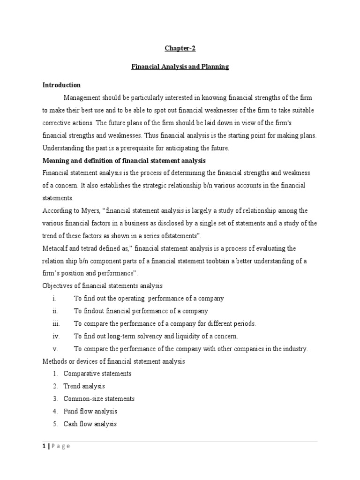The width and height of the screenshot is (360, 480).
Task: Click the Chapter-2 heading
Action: (180, 48)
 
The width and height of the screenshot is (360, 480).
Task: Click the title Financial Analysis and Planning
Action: (180, 67)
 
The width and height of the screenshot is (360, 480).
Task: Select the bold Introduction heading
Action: (61, 85)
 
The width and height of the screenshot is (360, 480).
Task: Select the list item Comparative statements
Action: (97, 374)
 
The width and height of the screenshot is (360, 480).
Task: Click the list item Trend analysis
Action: (84, 386)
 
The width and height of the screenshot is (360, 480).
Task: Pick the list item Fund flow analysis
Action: (90, 412)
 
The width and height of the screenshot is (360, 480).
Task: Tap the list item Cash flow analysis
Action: (90, 424)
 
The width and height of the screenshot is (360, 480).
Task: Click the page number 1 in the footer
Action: (44, 446)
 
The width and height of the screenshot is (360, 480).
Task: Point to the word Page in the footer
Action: (61, 446)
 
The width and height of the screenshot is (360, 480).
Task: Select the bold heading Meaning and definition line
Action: (124, 160)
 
